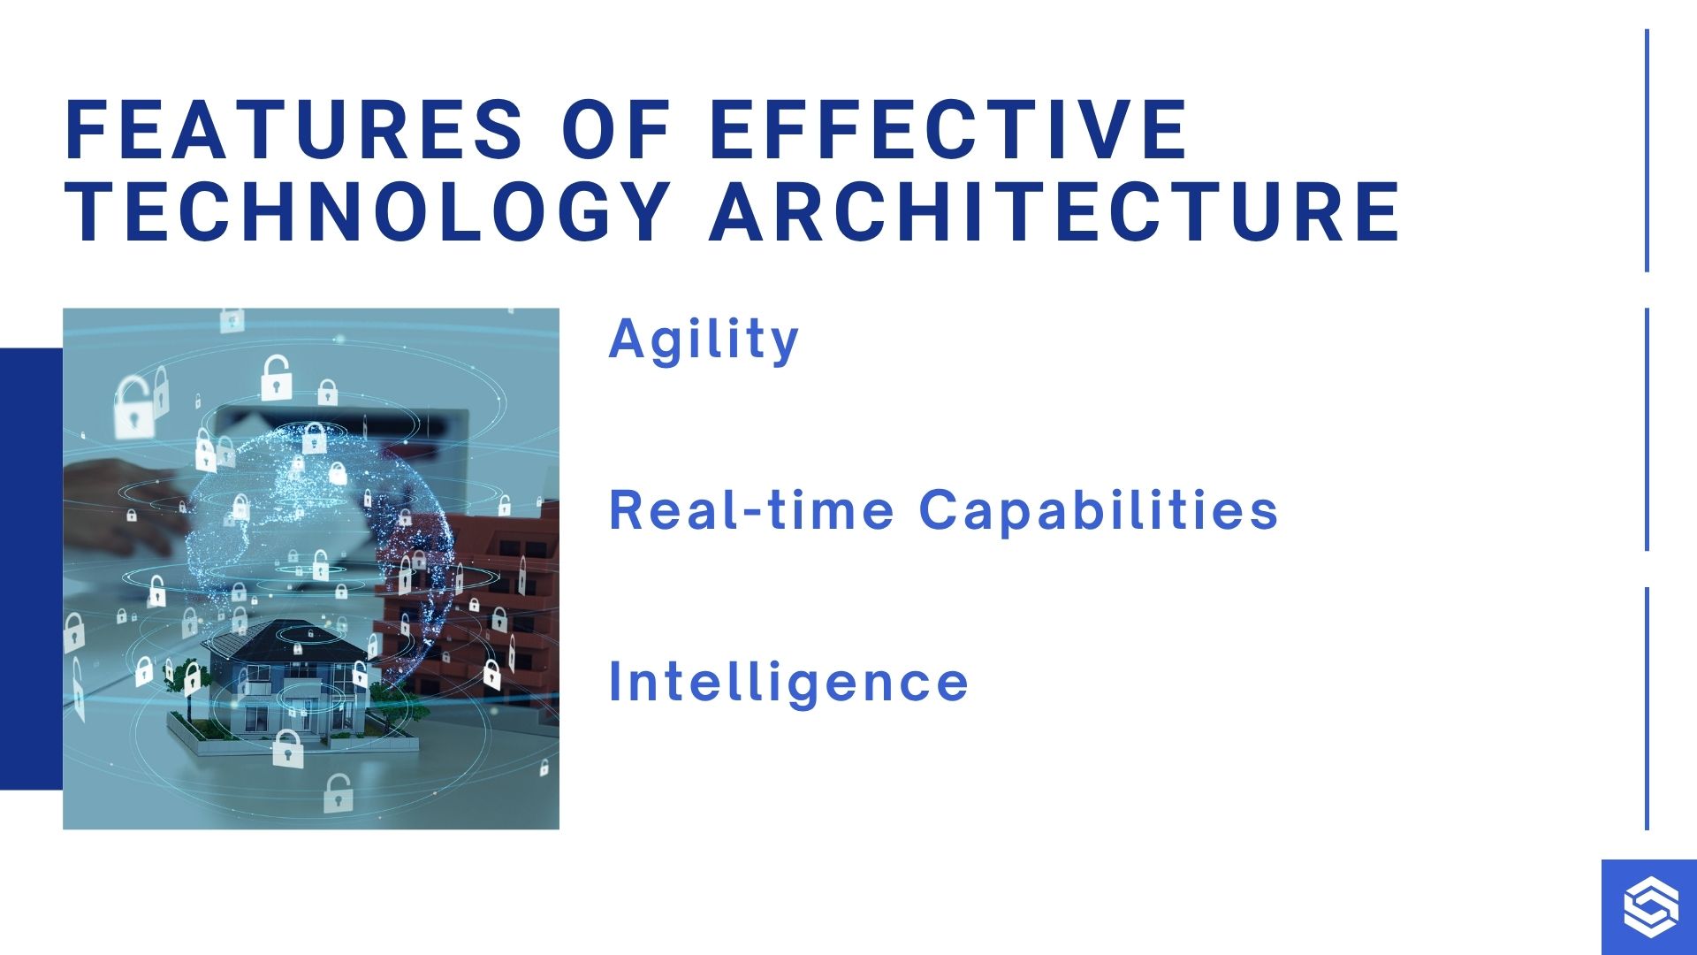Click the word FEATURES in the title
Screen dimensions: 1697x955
294,129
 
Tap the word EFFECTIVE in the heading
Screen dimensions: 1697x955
949,129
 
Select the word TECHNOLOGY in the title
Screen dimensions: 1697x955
368,211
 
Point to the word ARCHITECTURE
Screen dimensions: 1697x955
1055,211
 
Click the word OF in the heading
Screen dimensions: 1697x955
616,129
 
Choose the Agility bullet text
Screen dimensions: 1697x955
704,340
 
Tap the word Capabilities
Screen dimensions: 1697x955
1099,510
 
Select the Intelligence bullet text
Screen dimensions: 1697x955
788,683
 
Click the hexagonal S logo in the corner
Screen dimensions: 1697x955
1649,907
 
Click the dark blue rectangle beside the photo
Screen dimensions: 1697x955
31,569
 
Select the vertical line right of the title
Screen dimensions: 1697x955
1647,150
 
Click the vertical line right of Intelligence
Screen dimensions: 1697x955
1647,708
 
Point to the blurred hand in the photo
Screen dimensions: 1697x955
124,495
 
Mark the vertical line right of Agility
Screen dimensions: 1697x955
1647,429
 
